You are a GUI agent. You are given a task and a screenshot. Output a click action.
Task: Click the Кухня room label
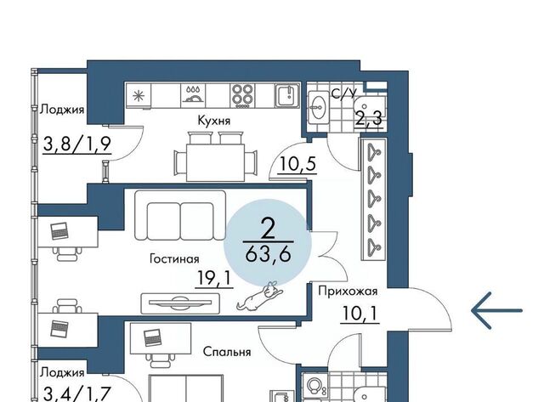tap(213, 121)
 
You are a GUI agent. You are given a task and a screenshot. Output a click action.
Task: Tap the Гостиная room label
tap(174, 258)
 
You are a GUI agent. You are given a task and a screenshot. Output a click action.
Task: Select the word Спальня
tap(227, 352)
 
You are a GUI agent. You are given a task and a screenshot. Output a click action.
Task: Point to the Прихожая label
tap(348, 292)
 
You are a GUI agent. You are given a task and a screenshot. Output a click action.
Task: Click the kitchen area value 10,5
tap(297, 164)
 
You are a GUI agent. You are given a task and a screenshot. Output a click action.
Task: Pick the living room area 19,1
tap(214, 279)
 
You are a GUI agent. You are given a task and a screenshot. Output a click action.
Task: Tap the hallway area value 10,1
tap(360, 314)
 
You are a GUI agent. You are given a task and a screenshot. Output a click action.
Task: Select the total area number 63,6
tap(268, 255)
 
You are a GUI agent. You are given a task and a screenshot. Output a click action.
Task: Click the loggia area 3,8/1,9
tap(76, 144)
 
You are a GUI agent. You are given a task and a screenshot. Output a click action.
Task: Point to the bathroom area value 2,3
tap(368, 119)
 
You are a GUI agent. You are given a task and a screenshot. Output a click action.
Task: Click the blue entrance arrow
tap(496, 310)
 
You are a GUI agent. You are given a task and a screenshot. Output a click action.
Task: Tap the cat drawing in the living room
tap(260, 296)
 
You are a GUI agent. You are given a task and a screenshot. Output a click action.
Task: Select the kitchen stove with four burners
tap(242, 95)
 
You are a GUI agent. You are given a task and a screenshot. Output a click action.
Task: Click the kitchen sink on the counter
tap(287, 95)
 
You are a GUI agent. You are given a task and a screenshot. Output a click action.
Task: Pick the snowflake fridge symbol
tap(138, 95)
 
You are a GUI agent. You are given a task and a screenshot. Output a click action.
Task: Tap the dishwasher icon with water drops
tap(194, 95)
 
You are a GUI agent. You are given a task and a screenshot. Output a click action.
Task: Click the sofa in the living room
tap(180, 215)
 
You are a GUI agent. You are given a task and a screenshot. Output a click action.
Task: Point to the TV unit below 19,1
tap(180, 303)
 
